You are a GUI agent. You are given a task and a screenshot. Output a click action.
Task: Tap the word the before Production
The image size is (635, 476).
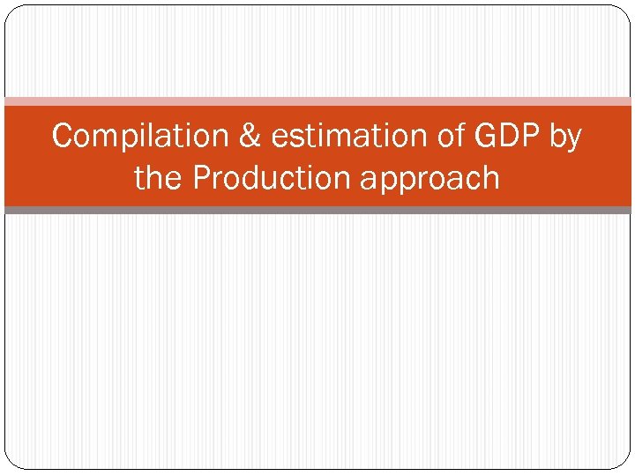[x=159, y=178]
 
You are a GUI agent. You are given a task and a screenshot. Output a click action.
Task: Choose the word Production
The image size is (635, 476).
[x=270, y=178]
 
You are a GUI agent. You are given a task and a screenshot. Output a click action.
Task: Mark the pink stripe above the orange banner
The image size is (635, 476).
[x=317, y=101]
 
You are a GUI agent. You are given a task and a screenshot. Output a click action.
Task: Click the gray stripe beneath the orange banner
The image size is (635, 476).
[x=317, y=210]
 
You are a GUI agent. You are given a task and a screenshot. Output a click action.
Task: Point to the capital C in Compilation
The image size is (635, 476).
[x=63, y=137]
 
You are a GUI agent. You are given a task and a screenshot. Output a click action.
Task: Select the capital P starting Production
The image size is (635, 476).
[x=201, y=178]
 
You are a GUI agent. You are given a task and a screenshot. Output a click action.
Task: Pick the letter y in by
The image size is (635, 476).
[x=573, y=140]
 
